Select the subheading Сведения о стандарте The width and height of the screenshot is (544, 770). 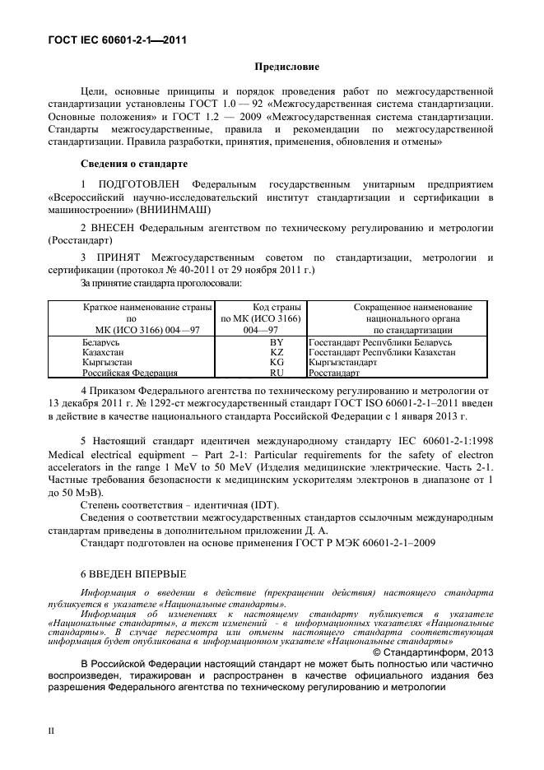tap(134, 164)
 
